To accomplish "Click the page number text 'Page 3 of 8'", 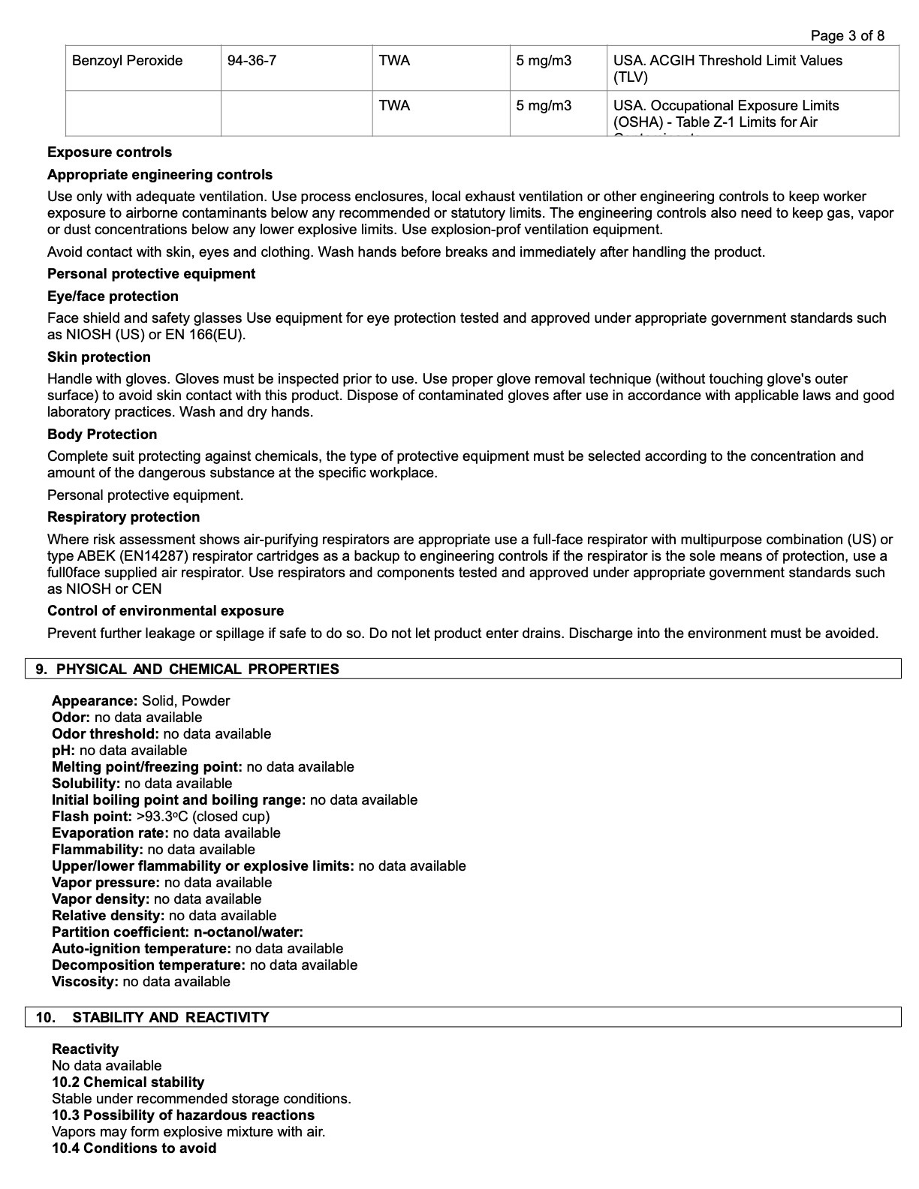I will click(847, 35).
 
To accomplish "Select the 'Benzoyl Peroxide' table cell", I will click(127, 61).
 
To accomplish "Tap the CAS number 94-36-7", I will click(252, 61).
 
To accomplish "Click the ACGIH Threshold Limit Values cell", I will click(727, 68).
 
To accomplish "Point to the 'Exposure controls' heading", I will click(110, 152).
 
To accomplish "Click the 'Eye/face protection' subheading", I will click(113, 296).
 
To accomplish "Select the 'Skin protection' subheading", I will click(99, 357).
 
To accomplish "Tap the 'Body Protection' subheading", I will click(102, 435).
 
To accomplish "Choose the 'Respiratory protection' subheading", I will click(123, 517).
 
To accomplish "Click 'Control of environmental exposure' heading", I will click(165, 611).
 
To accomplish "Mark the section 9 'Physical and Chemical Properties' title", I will click(197, 670).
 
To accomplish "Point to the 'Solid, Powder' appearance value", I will click(185, 701).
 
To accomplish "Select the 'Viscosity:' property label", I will click(85, 982).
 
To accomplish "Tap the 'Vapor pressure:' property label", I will click(106, 883).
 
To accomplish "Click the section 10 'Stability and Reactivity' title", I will click(170, 1018).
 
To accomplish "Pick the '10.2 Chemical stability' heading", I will click(128, 1082).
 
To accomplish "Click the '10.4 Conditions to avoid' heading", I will click(134, 1148).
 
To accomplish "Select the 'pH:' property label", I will click(64, 751).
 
